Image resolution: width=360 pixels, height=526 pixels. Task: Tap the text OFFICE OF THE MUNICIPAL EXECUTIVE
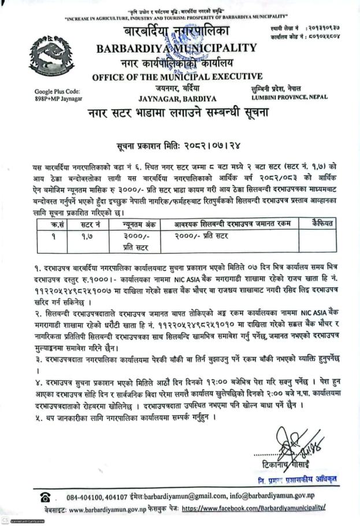177,76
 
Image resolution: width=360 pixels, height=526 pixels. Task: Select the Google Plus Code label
56,91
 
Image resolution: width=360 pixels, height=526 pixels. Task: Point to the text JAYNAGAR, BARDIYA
177,98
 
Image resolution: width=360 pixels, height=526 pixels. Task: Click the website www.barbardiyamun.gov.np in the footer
112,509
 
